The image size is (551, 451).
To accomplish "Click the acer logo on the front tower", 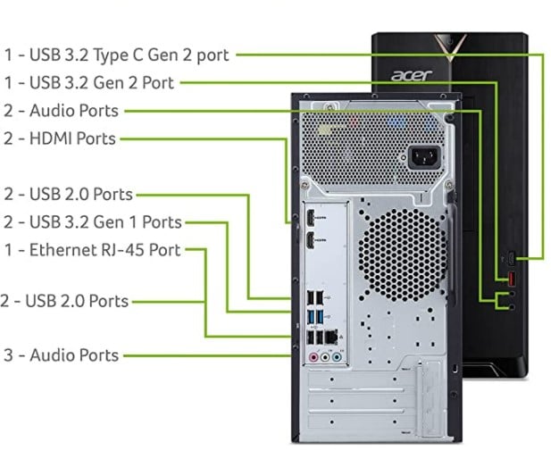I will point(415,74).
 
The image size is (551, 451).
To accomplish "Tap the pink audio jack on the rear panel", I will point(313,355).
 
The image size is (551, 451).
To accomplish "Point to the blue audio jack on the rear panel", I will point(338,355).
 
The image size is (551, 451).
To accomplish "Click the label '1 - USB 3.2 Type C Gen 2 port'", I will point(116,55).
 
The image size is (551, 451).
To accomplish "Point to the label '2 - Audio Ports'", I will point(61,112).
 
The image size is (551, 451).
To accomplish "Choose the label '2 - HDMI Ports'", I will point(60,139).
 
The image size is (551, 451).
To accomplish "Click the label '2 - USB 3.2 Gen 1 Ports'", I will point(92,222).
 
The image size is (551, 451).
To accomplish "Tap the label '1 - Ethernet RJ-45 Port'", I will point(92,250).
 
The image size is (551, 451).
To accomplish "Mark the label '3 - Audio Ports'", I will point(61,355).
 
